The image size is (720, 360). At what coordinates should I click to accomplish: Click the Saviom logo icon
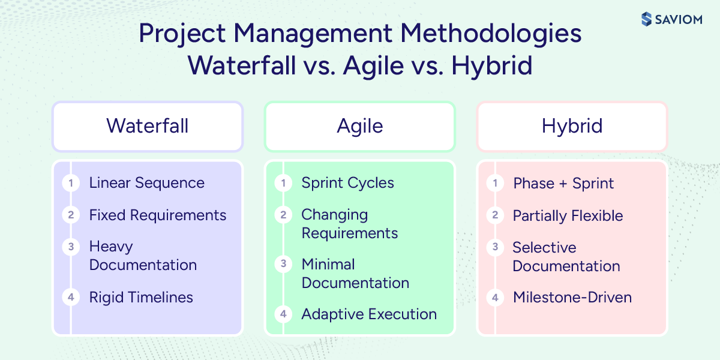click(x=646, y=19)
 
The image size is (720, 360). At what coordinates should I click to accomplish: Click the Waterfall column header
click(x=148, y=126)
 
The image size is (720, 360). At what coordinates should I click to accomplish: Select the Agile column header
click(x=360, y=126)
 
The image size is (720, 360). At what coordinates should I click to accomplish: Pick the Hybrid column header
click(x=572, y=126)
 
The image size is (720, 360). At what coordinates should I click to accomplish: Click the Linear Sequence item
click(x=146, y=183)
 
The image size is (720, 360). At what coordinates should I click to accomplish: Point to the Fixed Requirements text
click(x=158, y=215)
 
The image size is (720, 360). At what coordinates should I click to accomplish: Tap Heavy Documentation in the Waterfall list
click(x=143, y=256)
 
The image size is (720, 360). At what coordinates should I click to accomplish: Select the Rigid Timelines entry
click(x=141, y=297)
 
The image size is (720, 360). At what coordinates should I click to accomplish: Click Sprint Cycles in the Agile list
click(x=347, y=183)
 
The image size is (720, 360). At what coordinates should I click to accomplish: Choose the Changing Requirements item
click(x=349, y=223)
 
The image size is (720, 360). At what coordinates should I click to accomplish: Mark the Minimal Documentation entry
click(x=355, y=273)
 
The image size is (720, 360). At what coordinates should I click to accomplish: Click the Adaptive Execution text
click(x=369, y=314)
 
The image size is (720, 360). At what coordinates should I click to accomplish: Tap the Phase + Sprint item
click(x=563, y=183)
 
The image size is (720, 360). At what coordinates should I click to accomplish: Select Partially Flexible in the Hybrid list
click(x=568, y=215)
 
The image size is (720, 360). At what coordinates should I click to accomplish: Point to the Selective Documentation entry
click(x=566, y=257)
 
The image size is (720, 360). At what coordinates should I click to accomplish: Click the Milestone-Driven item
click(x=572, y=297)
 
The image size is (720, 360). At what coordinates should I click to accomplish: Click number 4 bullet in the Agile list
click(x=283, y=314)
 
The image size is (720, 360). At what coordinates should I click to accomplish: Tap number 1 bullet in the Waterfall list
click(x=71, y=183)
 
